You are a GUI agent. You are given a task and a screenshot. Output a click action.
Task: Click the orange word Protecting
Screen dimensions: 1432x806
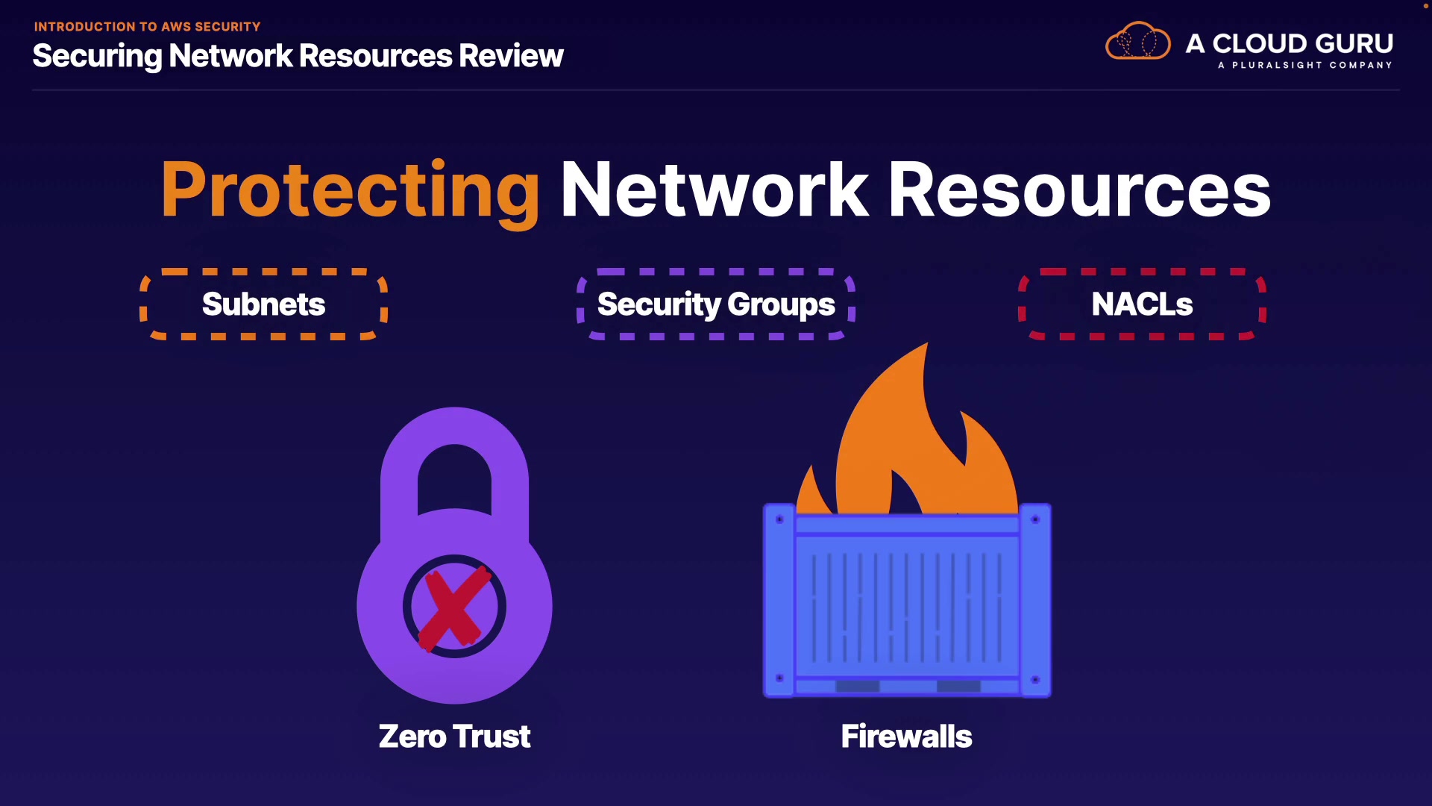tap(350, 190)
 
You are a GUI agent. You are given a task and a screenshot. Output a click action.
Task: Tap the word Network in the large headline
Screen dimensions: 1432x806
tap(715, 190)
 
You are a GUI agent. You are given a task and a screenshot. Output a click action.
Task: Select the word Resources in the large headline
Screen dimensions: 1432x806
tap(1078, 190)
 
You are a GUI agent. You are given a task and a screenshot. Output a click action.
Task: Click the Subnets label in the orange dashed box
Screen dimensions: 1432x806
tap(263, 304)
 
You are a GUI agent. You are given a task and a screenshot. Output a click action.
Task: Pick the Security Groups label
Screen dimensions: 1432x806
tap(716, 304)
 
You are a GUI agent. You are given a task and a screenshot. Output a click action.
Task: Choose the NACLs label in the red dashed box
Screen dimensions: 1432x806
tap(1142, 304)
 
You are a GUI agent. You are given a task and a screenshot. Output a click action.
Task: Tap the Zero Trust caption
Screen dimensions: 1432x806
tap(454, 737)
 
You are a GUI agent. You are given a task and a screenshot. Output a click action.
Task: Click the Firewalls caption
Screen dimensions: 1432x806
tap(906, 737)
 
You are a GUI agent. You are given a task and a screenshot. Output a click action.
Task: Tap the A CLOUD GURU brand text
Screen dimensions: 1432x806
tap(1290, 43)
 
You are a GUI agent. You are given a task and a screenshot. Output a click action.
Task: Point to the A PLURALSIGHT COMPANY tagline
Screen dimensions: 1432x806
tap(1304, 65)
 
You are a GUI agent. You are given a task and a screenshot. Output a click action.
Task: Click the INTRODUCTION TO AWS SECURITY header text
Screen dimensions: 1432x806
tap(147, 27)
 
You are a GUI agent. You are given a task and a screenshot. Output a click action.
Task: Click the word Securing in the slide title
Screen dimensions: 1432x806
tap(97, 56)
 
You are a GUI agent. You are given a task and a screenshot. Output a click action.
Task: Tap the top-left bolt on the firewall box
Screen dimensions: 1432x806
tap(779, 519)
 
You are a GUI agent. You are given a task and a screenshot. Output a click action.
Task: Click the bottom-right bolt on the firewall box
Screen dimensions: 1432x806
tap(1035, 679)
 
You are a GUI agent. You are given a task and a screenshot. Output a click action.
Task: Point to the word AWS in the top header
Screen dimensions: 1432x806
tap(176, 27)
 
